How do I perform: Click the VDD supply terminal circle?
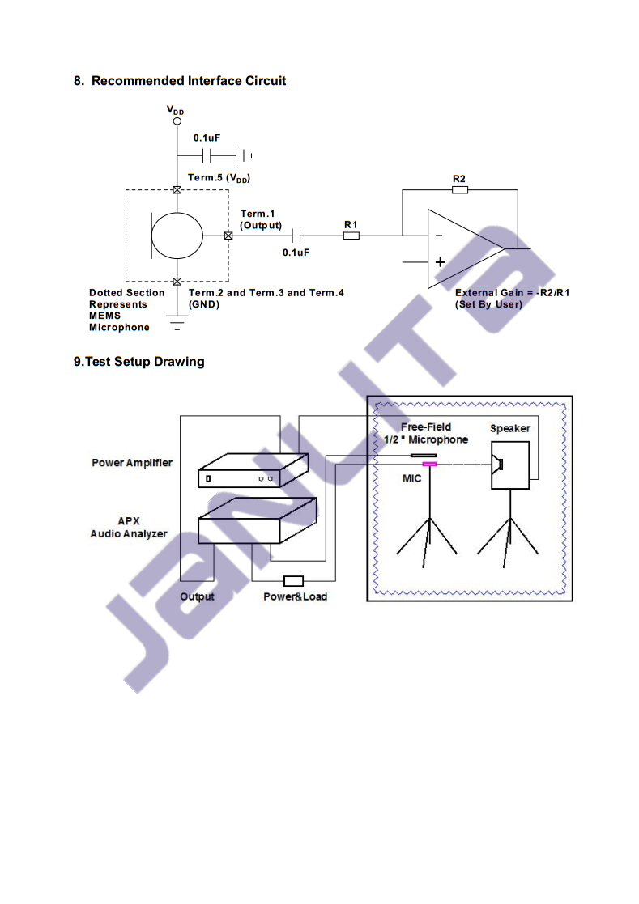pos(177,121)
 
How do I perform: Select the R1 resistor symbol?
pos(351,236)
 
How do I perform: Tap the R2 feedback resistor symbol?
pos(460,189)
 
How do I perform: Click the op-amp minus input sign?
pos(439,236)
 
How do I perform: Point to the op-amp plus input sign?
pos(440,262)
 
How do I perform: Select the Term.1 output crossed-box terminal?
pos(228,236)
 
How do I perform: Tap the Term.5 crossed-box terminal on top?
pos(177,189)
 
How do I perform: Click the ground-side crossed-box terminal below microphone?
pos(177,282)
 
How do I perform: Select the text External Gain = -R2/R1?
pos(512,292)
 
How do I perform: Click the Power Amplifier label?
pos(132,462)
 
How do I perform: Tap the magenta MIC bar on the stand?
pos(430,464)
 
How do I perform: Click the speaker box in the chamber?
pos(509,465)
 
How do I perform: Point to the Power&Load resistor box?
pos(293,580)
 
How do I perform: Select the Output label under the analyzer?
pos(197,596)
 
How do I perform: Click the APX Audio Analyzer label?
pos(129,528)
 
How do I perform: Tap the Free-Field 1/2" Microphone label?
pos(426,433)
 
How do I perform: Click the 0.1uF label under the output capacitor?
pos(296,253)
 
